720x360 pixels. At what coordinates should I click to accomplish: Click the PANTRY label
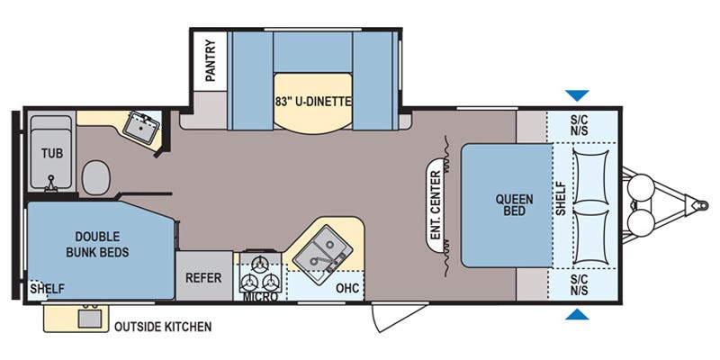tap(211, 60)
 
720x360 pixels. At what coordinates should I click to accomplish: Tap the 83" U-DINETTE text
tap(313, 102)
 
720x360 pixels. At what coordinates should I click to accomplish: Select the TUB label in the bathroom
tap(52, 153)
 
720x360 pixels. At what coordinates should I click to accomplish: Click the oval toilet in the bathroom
tap(96, 177)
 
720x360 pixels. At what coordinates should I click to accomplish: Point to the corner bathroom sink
tap(141, 125)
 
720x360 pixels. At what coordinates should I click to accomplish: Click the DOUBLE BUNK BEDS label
tap(97, 244)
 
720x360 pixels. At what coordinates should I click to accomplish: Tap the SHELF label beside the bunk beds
tap(48, 289)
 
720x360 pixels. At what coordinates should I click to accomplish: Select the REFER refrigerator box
tap(204, 276)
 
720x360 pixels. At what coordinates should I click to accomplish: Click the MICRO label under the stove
tap(260, 297)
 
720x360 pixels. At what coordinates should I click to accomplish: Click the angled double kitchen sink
tap(322, 255)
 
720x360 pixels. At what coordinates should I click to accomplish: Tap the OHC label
tap(346, 288)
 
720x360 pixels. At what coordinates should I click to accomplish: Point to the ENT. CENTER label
tap(436, 205)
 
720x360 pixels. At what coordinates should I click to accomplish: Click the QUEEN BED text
tap(514, 205)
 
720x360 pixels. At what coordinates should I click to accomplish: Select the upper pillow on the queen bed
tap(590, 176)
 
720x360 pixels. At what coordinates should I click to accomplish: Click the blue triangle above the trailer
tap(577, 95)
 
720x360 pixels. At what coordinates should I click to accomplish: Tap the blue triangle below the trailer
tap(577, 314)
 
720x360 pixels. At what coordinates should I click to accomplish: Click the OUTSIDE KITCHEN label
tap(163, 327)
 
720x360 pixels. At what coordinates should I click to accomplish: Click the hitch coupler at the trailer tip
tap(700, 205)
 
